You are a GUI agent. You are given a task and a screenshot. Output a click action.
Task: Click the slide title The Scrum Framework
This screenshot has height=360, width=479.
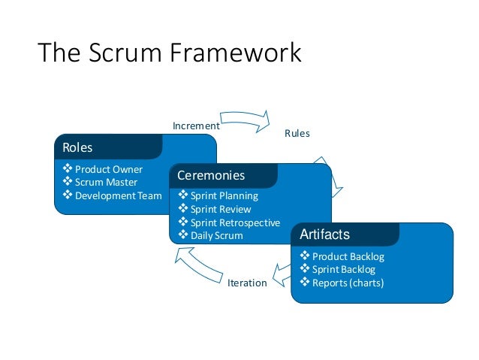tap(169, 54)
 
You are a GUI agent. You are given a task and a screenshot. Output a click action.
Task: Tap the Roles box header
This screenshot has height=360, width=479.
tap(77, 147)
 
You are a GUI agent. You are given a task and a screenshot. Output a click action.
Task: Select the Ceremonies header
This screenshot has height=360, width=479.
tap(211, 176)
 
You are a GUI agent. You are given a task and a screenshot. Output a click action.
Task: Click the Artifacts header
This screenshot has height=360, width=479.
tap(324, 234)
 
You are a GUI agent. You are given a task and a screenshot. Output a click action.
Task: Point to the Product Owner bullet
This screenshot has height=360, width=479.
tap(108, 169)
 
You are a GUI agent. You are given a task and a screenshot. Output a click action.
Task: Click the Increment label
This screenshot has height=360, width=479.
tap(196, 126)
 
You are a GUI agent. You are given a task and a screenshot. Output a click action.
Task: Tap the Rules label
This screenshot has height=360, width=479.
tap(297, 134)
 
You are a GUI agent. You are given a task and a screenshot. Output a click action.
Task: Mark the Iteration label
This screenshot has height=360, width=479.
tap(246, 283)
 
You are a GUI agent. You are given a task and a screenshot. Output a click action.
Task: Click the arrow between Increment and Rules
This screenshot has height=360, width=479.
tap(245, 119)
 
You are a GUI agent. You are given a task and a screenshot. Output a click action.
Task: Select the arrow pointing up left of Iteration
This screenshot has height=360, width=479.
tap(195, 264)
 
